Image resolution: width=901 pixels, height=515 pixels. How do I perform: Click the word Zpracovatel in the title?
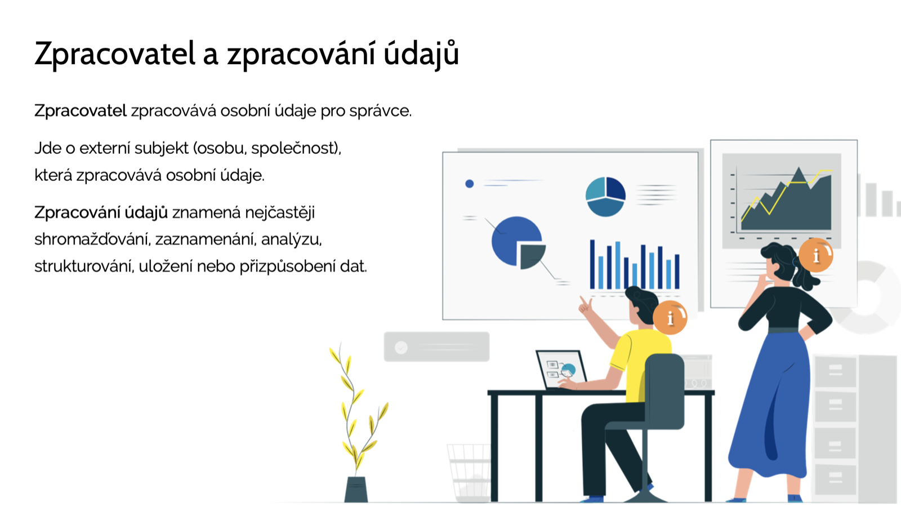(x=115, y=53)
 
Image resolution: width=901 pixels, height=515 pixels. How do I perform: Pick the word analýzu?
(x=291, y=240)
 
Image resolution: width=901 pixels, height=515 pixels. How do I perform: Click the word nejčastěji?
(x=279, y=213)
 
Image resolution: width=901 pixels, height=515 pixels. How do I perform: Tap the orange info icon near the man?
(x=670, y=318)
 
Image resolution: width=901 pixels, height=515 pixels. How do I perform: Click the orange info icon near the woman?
(x=816, y=255)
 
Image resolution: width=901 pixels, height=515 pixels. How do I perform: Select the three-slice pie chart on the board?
(x=605, y=197)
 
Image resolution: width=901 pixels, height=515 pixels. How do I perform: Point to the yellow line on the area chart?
(x=786, y=190)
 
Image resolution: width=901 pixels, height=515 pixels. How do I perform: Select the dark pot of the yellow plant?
(x=356, y=489)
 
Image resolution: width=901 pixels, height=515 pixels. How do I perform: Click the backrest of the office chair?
(x=664, y=391)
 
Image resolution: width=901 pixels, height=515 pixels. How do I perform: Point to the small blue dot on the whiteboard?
(x=470, y=184)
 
